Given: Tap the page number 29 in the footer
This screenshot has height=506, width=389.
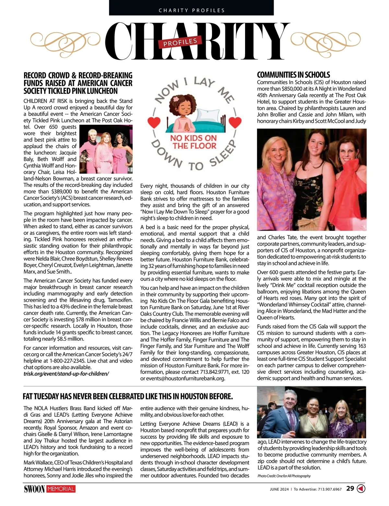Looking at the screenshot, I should click(350, 488).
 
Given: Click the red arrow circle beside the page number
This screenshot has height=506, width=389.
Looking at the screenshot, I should click(361, 488).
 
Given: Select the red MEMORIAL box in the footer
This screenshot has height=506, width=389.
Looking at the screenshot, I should click(61, 489).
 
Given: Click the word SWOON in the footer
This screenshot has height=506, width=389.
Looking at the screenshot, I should click(34, 489).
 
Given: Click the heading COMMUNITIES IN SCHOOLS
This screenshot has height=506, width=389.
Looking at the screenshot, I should click(293, 75).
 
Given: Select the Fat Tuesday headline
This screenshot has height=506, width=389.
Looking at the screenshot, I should click(128, 396).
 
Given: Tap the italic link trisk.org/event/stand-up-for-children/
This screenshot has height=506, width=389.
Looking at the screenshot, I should click(66, 373).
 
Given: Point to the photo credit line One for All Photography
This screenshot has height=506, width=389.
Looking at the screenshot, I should click(284, 476).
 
